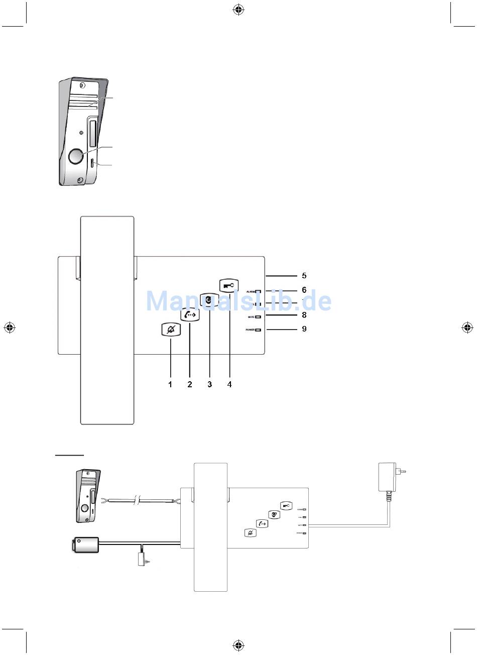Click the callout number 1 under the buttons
pyautogui.click(x=170, y=384)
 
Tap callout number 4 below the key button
pyautogui.click(x=229, y=384)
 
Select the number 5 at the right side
pyautogui.click(x=304, y=276)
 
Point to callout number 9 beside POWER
pyautogui.click(x=304, y=330)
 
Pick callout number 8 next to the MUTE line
pyautogui.click(x=304, y=315)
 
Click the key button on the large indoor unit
pyautogui.click(x=229, y=285)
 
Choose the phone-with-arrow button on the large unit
pyautogui.click(x=190, y=314)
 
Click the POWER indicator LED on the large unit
pyautogui.click(x=258, y=331)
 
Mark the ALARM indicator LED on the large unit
pyautogui.click(x=258, y=291)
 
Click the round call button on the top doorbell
pyautogui.click(x=75, y=156)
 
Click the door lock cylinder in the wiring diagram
pyautogui.click(x=86, y=544)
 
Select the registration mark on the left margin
pyautogui.click(x=9, y=327)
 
